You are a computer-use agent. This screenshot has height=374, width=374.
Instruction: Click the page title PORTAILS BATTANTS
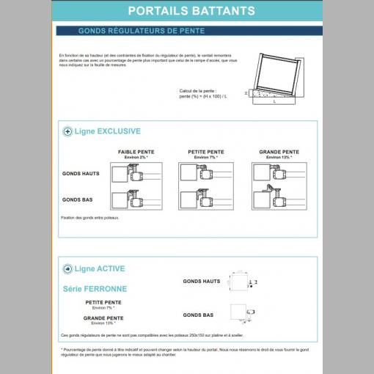click(x=191, y=11)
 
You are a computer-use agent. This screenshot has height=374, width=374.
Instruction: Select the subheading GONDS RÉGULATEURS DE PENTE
click(x=141, y=31)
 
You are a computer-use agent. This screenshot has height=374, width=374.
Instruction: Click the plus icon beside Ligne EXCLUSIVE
click(x=67, y=132)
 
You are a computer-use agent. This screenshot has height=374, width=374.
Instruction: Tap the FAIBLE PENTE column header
click(x=135, y=153)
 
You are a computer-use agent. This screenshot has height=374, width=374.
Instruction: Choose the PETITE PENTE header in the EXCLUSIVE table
click(x=206, y=153)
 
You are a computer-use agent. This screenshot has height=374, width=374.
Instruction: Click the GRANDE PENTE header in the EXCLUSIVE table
click(x=279, y=153)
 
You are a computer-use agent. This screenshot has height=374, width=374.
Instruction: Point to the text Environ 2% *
click(x=135, y=158)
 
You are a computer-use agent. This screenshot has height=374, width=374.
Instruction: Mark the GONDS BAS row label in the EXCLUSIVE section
click(x=77, y=199)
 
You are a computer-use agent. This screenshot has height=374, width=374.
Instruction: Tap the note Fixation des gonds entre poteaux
click(x=89, y=218)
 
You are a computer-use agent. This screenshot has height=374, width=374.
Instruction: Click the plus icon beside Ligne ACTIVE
click(x=67, y=268)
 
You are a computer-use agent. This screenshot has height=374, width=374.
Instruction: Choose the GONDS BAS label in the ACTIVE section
click(x=198, y=315)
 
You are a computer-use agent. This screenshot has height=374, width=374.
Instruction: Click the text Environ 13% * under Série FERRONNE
click(x=103, y=323)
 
